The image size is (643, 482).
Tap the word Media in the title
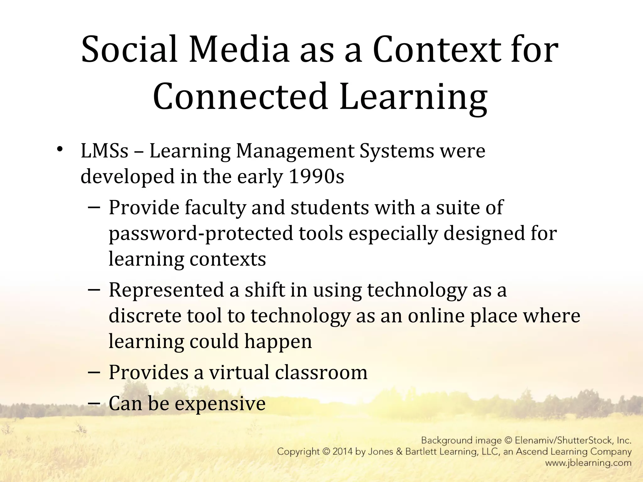(239, 50)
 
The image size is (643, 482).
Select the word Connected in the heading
(240, 96)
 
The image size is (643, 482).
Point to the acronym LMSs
(105, 151)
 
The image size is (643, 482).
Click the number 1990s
(316, 177)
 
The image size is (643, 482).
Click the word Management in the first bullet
(295, 151)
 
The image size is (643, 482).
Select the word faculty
(215, 208)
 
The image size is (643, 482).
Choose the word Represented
(166, 290)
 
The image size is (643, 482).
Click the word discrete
(145, 316)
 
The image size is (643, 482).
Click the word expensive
(220, 404)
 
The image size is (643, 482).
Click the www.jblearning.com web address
(588, 463)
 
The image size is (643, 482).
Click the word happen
(278, 342)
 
